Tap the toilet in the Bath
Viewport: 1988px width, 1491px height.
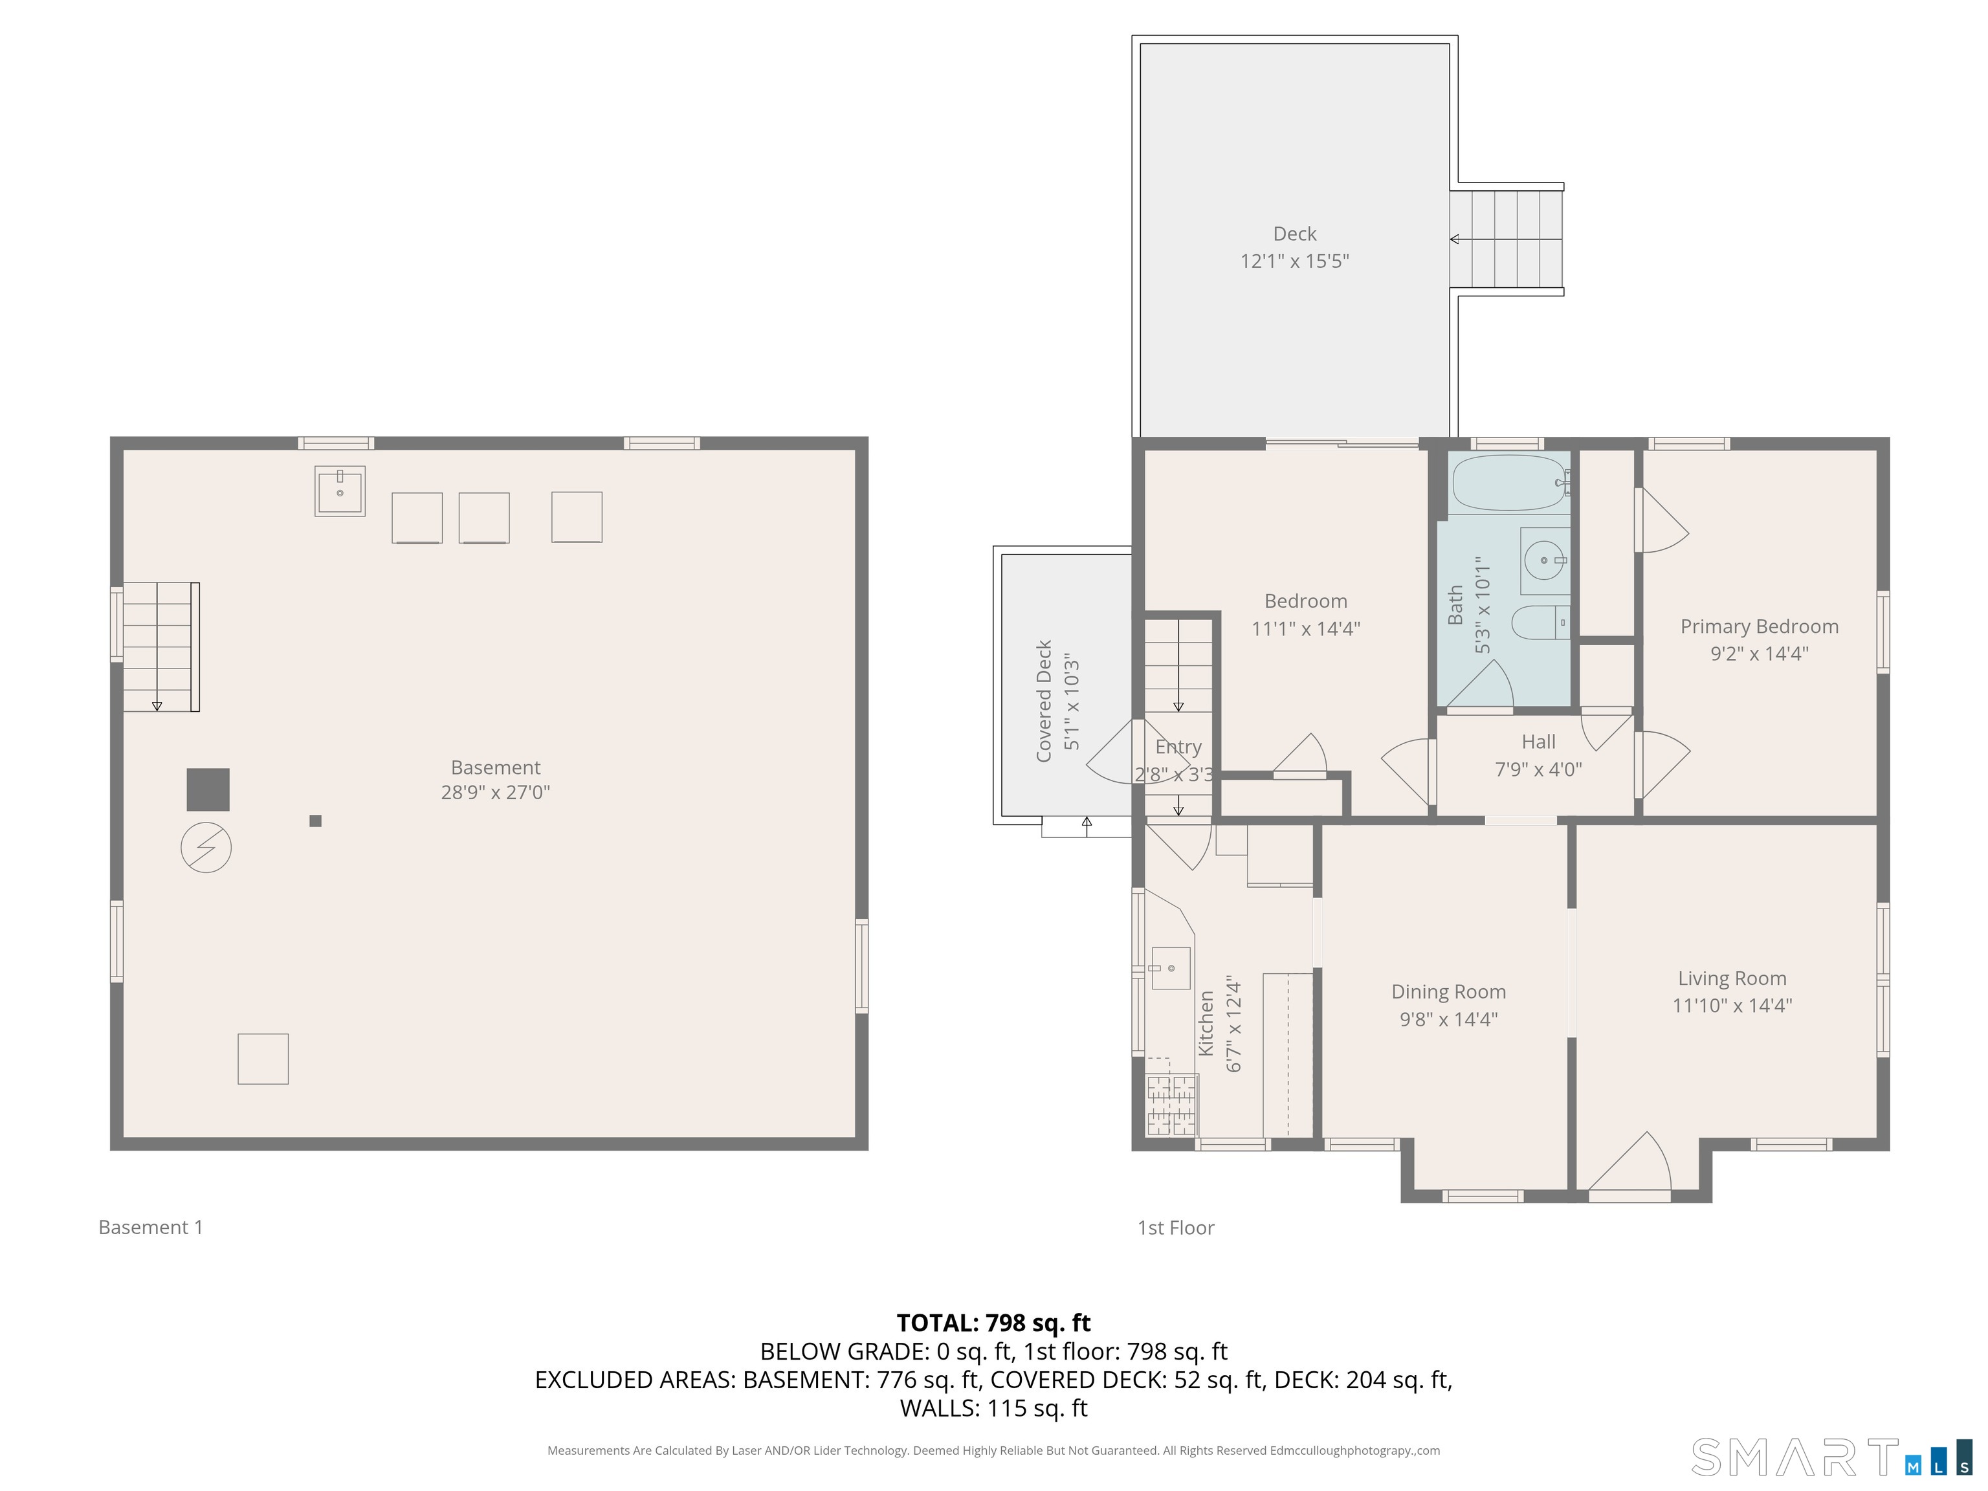(x=1540, y=622)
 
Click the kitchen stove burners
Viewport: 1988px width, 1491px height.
(x=1172, y=1105)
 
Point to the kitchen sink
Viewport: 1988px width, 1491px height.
(x=1170, y=968)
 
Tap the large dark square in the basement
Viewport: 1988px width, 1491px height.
(x=208, y=789)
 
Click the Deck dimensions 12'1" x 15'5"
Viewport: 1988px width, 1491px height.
(x=1294, y=261)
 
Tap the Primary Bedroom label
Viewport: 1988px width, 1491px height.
(x=1759, y=626)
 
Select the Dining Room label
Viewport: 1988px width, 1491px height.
(x=1448, y=991)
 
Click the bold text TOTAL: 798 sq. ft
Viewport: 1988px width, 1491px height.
(x=993, y=1322)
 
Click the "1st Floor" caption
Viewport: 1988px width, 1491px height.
(x=1176, y=1227)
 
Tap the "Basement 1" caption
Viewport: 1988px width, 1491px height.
(x=151, y=1227)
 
